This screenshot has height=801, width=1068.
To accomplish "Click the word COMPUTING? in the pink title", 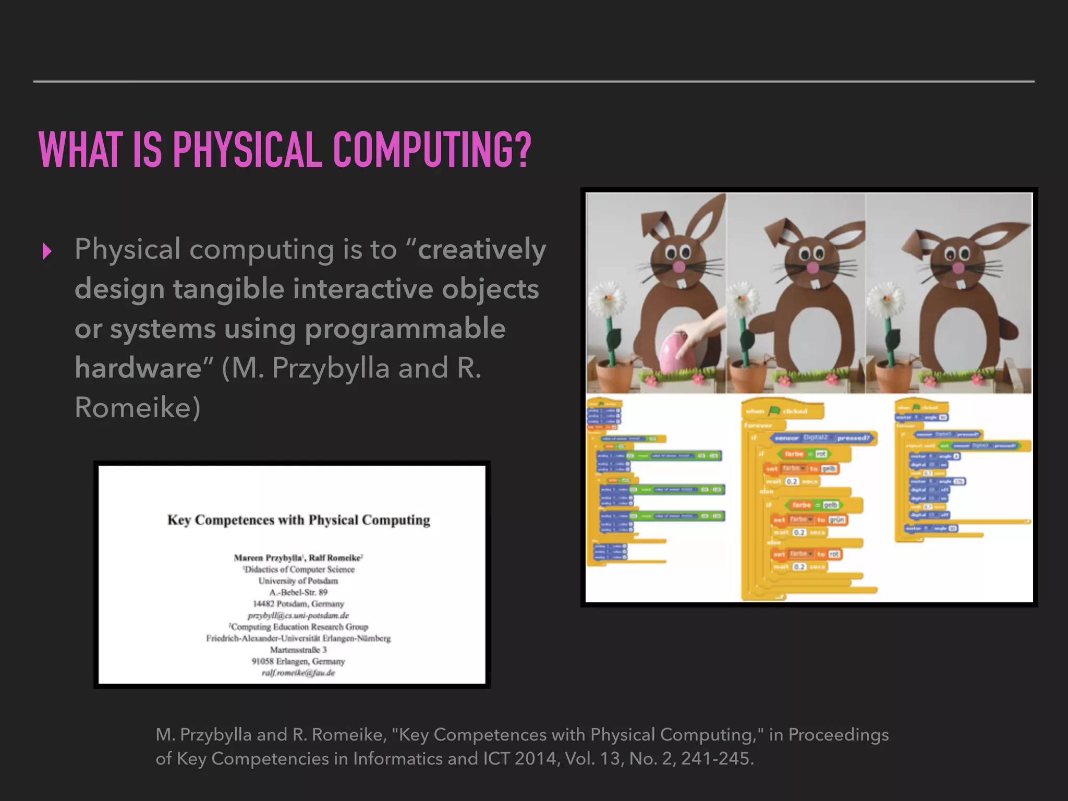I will (x=432, y=150).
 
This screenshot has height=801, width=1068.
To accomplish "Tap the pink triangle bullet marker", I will (x=47, y=251).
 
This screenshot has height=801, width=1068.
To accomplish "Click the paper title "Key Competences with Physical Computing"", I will (x=298, y=520).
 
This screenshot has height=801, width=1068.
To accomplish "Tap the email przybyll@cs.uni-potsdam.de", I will (x=298, y=615).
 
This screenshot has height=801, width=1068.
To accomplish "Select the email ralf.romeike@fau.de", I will (x=298, y=673).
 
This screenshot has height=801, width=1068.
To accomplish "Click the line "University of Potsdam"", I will (x=298, y=581).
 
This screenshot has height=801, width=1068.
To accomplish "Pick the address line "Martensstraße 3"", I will (x=298, y=650).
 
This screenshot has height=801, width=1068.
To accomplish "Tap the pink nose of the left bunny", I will (x=679, y=266).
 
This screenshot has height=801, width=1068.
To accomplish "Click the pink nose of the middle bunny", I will (x=813, y=268).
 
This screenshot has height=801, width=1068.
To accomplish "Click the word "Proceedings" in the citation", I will (x=838, y=734).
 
